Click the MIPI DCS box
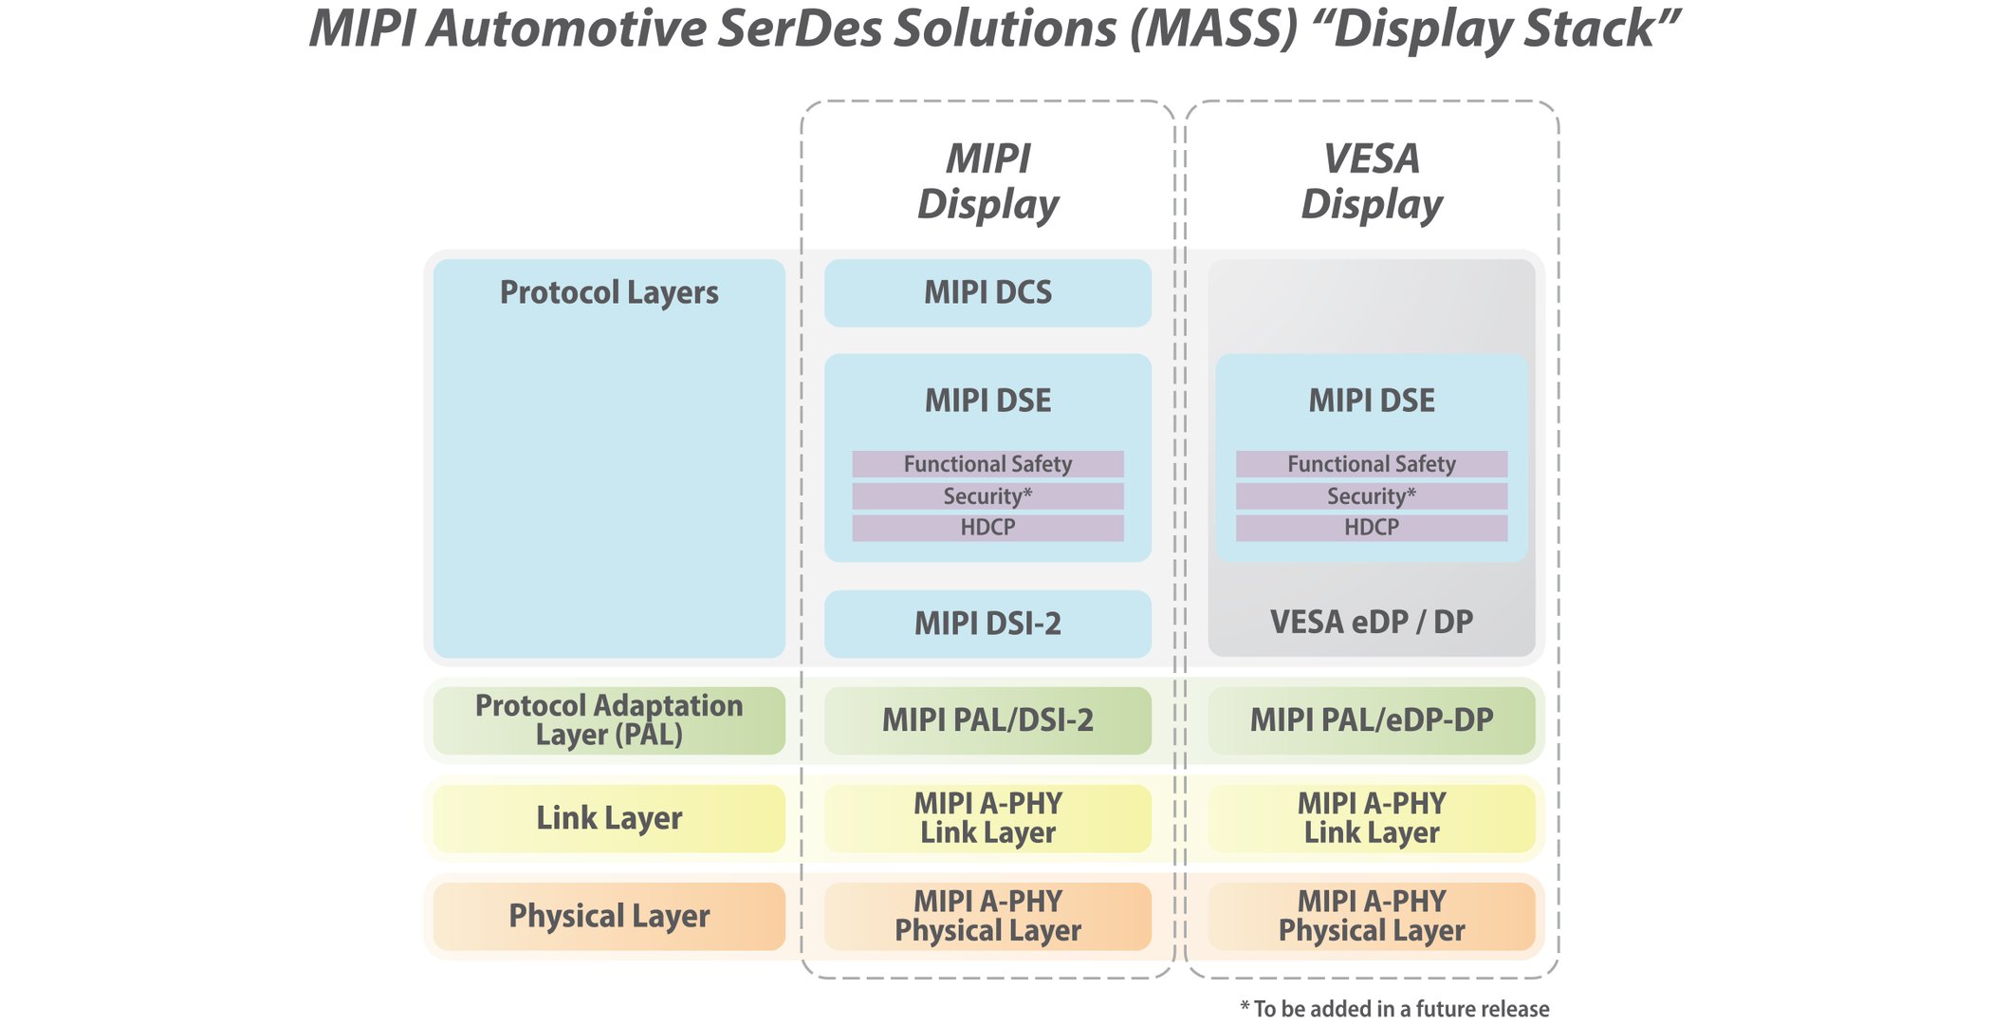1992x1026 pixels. (987, 292)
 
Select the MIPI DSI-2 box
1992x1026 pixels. (987, 624)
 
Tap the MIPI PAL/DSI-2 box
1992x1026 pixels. (987, 720)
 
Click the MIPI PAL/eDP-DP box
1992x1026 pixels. (1371, 720)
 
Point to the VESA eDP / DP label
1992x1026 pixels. (1371, 623)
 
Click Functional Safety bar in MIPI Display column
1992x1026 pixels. (987, 464)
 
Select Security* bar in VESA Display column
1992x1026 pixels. (1371, 496)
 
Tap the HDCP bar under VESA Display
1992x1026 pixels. (1371, 528)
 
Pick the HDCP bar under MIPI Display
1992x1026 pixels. (987, 528)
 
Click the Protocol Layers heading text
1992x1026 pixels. (609, 292)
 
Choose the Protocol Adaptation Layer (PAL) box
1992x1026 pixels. (609, 720)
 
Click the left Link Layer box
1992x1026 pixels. (609, 818)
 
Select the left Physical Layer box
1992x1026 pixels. (609, 916)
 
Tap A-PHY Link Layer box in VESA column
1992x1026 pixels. (1371, 818)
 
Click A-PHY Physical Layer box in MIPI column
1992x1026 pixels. (987, 916)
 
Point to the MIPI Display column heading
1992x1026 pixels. (987, 181)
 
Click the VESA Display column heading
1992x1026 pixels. (1371, 181)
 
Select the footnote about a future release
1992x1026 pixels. (1394, 1009)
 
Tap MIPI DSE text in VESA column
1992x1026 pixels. (1371, 401)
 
